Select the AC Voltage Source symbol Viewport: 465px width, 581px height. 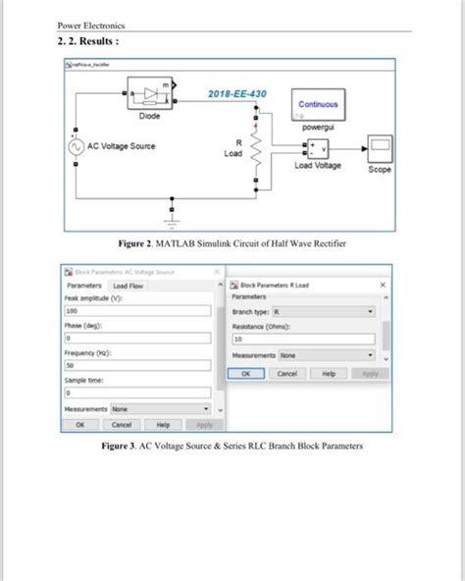click(x=76, y=147)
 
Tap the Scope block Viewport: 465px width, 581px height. click(x=379, y=148)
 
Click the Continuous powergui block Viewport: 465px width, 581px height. click(x=318, y=105)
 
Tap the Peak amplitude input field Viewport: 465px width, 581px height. click(x=137, y=310)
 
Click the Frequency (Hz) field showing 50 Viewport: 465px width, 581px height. click(x=137, y=364)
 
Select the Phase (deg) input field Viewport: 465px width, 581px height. click(x=137, y=337)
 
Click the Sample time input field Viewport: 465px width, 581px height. click(x=137, y=391)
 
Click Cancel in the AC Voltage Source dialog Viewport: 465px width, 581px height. click(x=122, y=425)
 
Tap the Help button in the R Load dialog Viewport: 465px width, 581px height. click(x=329, y=374)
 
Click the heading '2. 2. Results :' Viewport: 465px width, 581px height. click(x=90, y=43)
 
